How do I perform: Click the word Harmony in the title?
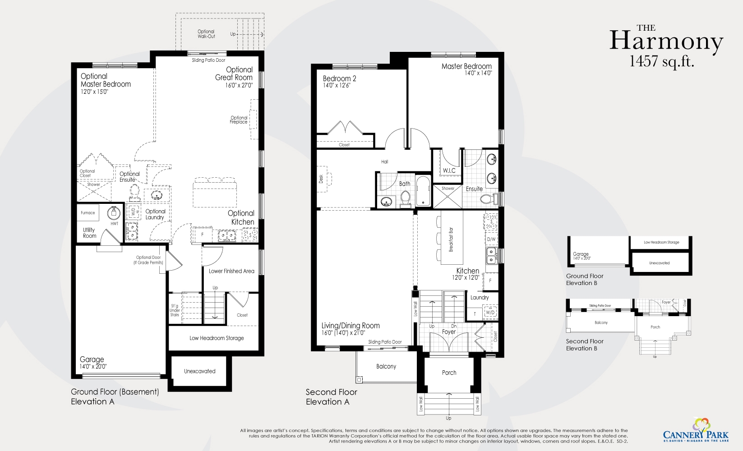click(666, 41)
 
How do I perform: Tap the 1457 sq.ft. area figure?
click(661, 61)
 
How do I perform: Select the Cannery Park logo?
click(695, 431)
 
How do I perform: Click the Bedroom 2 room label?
click(339, 78)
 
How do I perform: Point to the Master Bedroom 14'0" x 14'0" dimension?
click(478, 73)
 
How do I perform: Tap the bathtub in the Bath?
click(423, 191)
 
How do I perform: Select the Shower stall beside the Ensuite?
click(448, 197)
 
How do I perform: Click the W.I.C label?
click(449, 170)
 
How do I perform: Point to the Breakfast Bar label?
click(451, 239)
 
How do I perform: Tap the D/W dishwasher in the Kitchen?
click(491, 239)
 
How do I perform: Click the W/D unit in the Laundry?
click(490, 312)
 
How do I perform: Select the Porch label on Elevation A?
click(449, 373)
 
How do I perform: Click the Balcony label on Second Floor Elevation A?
click(386, 366)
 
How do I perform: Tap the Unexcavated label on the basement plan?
click(199, 371)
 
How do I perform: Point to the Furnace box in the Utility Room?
click(88, 213)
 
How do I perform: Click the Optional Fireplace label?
click(239, 120)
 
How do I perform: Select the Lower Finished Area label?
click(231, 271)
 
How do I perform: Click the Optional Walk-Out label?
click(206, 34)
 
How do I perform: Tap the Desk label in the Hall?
click(321, 179)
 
